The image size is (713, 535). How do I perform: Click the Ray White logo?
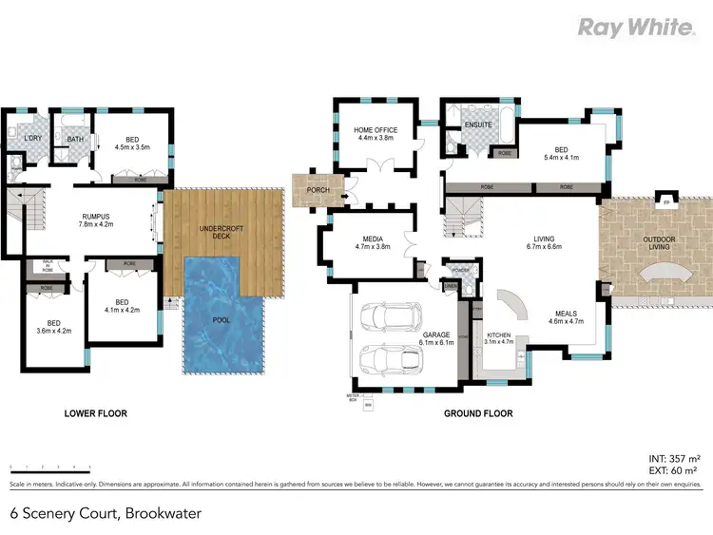[x=636, y=27]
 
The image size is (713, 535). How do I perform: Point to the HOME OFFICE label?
[x=376, y=130]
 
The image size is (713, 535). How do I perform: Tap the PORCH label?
[x=318, y=190]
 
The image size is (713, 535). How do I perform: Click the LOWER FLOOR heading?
[x=95, y=413]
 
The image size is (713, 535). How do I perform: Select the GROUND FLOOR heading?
[x=478, y=413]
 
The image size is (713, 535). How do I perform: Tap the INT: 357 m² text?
[x=673, y=458]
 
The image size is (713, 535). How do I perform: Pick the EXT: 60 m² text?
[x=674, y=470]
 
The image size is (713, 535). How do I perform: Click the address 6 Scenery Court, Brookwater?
[x=106, y=513]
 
